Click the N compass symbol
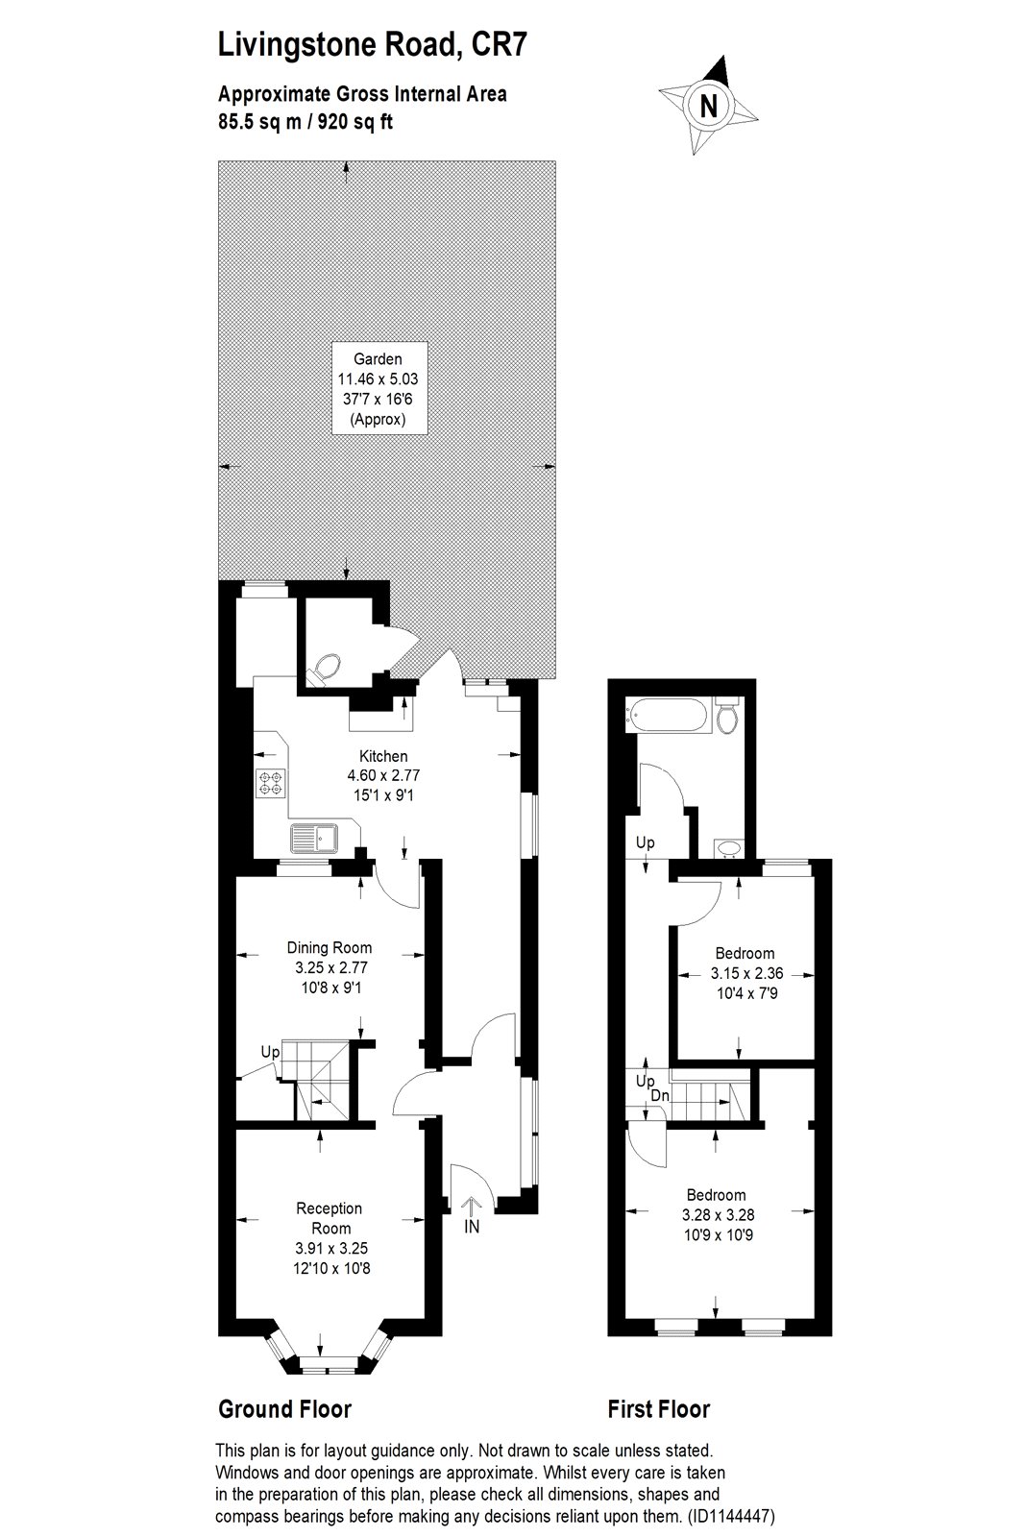click(708, 106)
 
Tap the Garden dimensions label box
click(379, 388)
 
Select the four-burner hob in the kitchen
click(270, 784)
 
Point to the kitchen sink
click(314, 838)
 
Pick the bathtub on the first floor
click(666, 715)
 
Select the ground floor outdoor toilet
click(325, 669)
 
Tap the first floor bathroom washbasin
click(727, 849)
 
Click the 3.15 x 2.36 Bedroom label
click(746, 973)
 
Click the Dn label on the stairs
click(660, 1096)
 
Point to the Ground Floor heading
click(284, 1409)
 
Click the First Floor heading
click(659, 1409)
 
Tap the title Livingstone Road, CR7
click(373, 45)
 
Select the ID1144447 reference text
click(730, 1517)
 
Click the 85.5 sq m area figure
click(259, 122)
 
